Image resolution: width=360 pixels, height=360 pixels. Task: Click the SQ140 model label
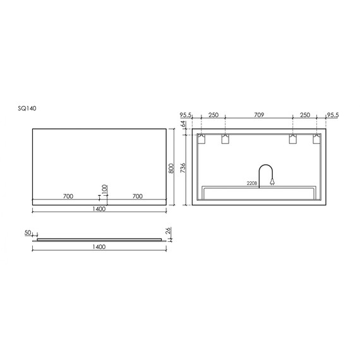[x=27, y=108]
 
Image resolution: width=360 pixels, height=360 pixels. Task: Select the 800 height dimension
[x=171, y=168]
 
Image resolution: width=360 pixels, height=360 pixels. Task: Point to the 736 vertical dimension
[x=183, y=168]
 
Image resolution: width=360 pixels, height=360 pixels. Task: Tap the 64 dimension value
[x=184, y=124]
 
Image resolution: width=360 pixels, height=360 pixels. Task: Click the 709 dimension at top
[x=259, y=114]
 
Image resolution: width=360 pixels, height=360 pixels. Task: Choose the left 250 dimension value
[x=213, y=115]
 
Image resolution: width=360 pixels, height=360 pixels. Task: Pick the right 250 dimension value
[x=305, y=115]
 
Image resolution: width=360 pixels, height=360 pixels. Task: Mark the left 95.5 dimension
[x=186, y=115]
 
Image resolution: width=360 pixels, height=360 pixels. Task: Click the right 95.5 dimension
[x=333, y=115]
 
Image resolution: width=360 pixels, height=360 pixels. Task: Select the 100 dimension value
[x=104, y=190]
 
